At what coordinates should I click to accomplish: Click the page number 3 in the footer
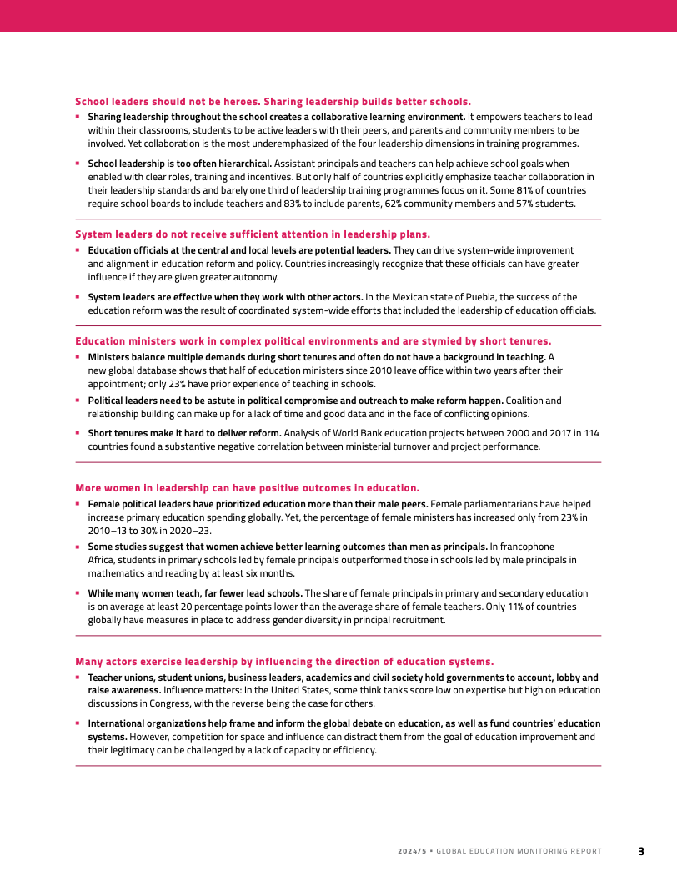[641, 851]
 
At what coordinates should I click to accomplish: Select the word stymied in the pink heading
[447, 340]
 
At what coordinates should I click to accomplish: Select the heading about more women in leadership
[248, 487]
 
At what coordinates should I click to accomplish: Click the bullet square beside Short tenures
[78, 432]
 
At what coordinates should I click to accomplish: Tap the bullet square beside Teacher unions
[78, 677]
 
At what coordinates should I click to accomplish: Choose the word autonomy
[255, 277]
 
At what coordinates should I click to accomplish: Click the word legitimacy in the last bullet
[116, 750]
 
